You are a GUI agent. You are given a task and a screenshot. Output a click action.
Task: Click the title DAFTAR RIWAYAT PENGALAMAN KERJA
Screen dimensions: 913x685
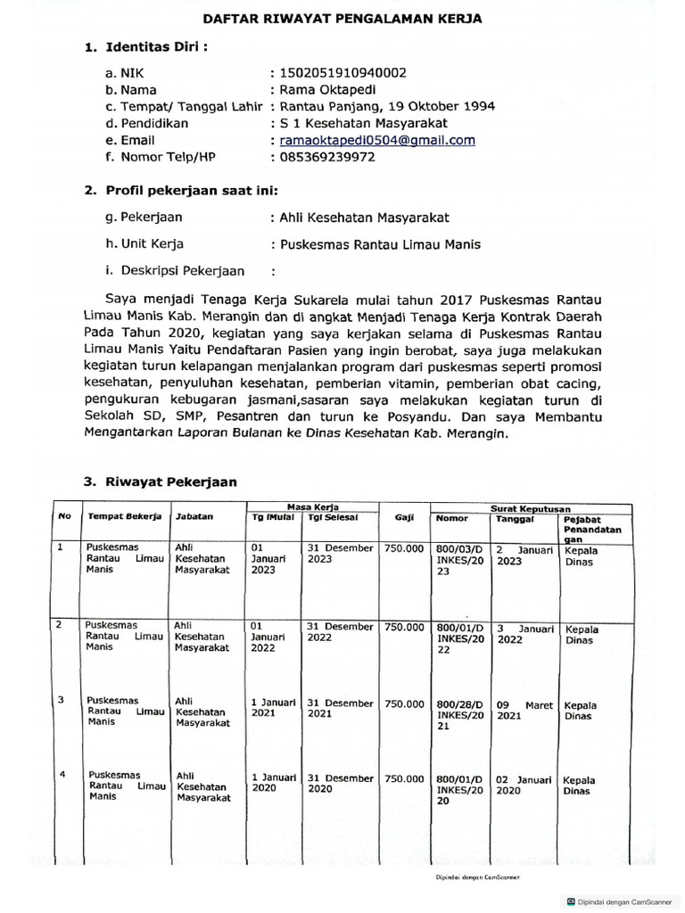(342, 17)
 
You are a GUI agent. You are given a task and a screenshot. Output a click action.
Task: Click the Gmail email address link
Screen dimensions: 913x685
(376, 140)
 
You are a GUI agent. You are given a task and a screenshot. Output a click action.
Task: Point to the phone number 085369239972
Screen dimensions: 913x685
(327, 157)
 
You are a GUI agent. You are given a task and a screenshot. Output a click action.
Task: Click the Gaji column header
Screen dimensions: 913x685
(404, 517)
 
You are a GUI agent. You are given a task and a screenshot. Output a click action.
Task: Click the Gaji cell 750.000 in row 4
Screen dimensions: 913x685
(404, 778)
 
